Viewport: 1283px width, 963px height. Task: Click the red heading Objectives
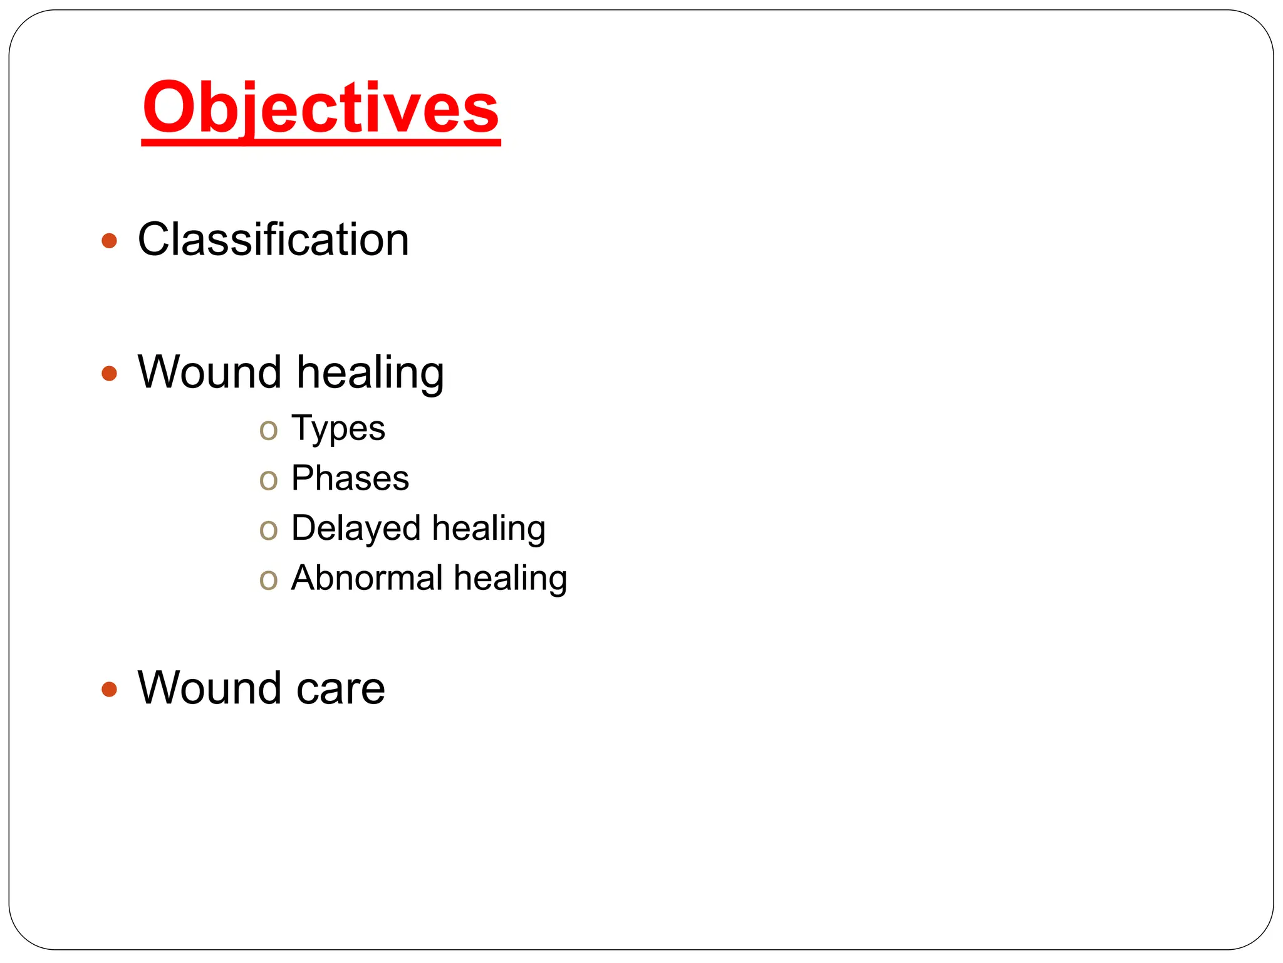pyautogui.click(x=321, y=108)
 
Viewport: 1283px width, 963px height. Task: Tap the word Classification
pyautogui.click(x=273, y=239)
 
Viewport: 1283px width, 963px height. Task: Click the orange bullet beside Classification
pyautogui.click(x=109, y=241)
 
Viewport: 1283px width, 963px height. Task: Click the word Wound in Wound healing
pyautogui.click(x=210, y=372)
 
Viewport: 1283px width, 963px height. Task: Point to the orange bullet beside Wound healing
pyautogui.click(x=109, y=374)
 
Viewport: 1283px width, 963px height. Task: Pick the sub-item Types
pyautogui.click(x=338, y=429)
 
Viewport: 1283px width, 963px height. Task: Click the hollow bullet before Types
pyautogui.click(x=268, y=431)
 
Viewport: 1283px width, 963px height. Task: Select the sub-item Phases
pyautogui.click(x=350, y=478)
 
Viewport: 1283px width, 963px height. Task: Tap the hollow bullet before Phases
pyautogui.click(x=268, y=481)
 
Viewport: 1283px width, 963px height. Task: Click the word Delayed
pyautogui.click(x=356, y=529)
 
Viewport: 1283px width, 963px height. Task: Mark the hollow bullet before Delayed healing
pyautogui.click(x=268, y=530)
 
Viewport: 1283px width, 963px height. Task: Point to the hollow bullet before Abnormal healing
pyautogui.click(x=268, y=580)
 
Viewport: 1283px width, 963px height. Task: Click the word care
pyautogui.click(x=340, y=689)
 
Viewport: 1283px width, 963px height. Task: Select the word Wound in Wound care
pyautogui.click(x=210, y=688)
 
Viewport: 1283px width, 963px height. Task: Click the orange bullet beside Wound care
pyautogui.click(x=109, y=690)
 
